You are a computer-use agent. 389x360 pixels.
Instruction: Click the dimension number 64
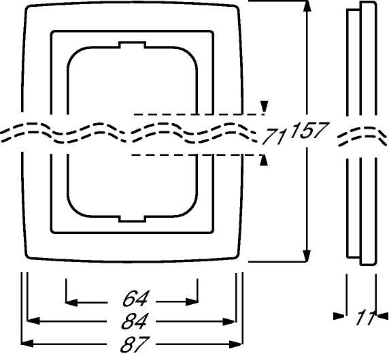click(x=135, y=299)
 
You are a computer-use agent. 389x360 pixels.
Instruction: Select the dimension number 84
click(x=135, y=321)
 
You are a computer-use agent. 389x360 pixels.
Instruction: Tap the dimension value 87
click(x=135, y=344)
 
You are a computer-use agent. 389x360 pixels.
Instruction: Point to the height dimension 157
click(x=309, y=130)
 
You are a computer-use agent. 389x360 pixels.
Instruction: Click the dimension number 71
click(x=274, y=136)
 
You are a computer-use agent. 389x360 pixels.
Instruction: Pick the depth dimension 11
click(x=366, y=317)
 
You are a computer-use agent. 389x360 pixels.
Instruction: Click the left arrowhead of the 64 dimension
click(x=71, y=302)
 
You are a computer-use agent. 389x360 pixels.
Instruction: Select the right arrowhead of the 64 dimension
click(x=192, y=302)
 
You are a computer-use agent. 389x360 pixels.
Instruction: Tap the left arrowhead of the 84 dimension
click(x=33, y=321)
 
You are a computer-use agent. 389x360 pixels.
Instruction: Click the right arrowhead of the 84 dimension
click(x=229, y=321)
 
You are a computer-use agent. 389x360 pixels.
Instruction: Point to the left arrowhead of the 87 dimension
click(x=27, y=344)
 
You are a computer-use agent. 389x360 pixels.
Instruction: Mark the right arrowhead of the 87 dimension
click(x=235, y=344)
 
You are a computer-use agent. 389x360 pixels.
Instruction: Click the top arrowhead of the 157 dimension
click(x=307, y=7)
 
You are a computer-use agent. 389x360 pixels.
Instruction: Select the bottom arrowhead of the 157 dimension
click(x=307, y=256)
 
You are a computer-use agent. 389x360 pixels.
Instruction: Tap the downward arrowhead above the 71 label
click(x=265, y=107)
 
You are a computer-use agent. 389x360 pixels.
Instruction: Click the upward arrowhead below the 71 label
click(x=265, y=160)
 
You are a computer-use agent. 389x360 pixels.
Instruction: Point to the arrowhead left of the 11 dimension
click(x=339, y=316)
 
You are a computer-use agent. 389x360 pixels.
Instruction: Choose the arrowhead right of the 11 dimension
click(x=383, y=316)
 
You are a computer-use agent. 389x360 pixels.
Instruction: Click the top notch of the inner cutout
click(x=132, y=44)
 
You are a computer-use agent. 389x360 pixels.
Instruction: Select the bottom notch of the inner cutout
click(x=132, y=218)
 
